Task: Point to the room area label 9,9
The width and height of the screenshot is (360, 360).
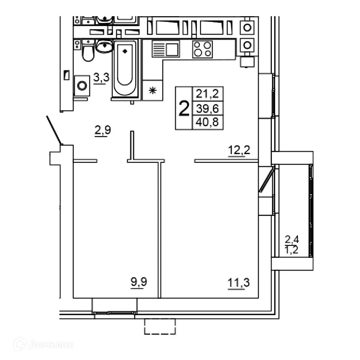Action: tap(139, 282)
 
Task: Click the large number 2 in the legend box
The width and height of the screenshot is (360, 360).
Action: tap(184, 108)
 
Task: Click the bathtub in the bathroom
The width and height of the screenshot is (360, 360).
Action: tap(125, 68)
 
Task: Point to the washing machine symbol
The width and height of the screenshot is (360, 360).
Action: tap(82, 86)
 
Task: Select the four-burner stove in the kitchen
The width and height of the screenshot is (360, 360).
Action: tap(202, 49)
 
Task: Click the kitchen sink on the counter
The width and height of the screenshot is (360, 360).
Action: tap(166, 49)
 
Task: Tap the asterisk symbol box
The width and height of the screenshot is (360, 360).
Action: tap(153, 90)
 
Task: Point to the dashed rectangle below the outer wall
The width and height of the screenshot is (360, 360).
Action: tap(160, 327)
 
